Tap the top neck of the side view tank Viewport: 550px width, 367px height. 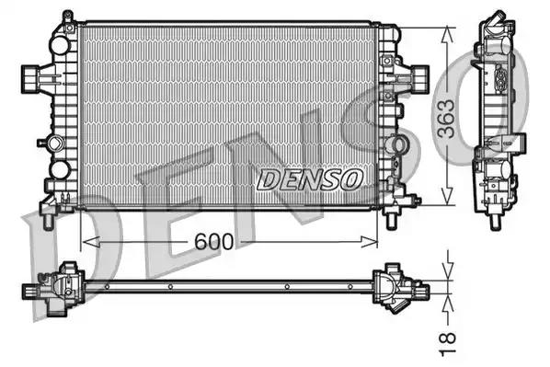495,22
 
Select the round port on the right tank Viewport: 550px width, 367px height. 397,145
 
